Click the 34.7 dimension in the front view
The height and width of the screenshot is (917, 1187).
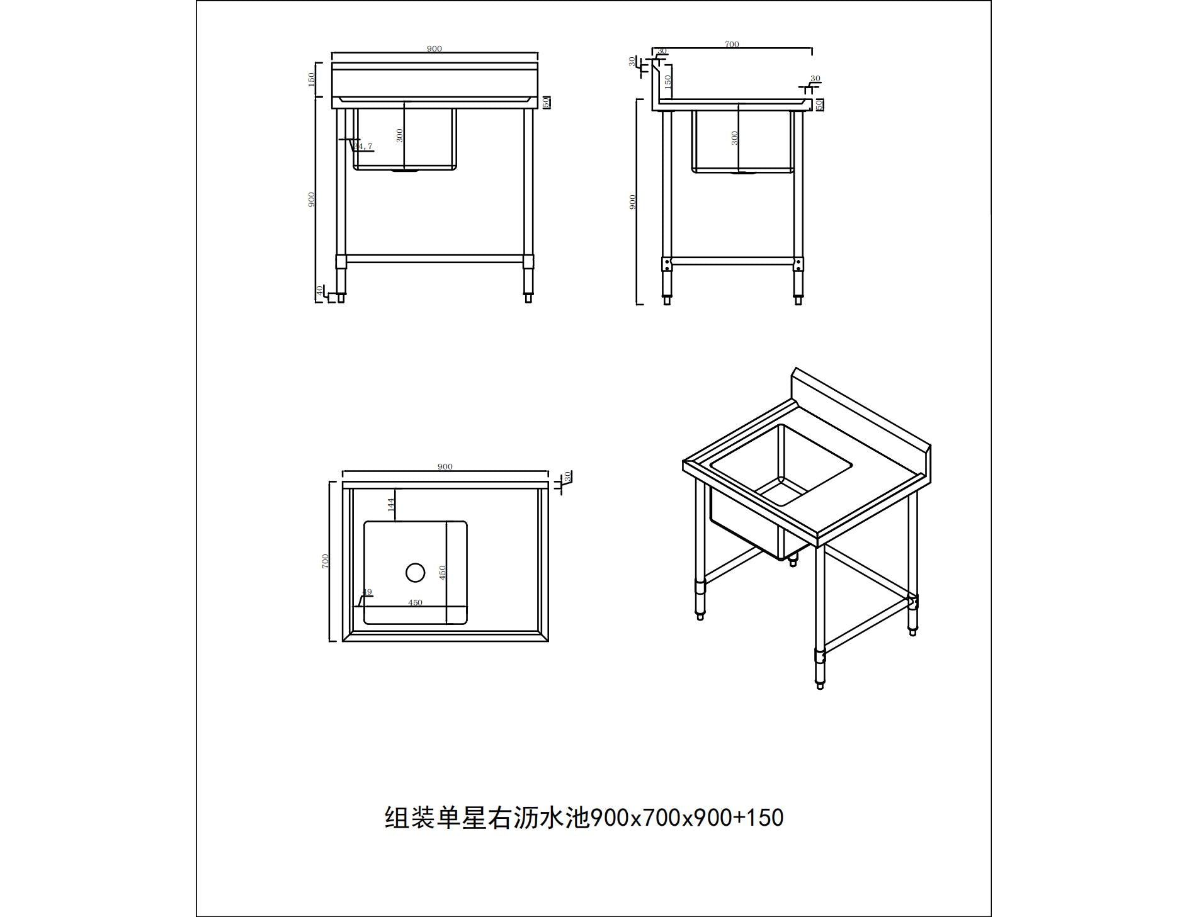click(363, 147)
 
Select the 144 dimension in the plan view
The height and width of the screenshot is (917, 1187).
click(390, 504)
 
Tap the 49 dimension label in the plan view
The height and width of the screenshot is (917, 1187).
click(367, 592)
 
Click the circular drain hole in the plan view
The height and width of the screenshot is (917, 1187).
click(415, 573)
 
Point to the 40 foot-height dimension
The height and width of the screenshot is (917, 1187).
click(320, 291)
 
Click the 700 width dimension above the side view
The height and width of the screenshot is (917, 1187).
click(732, 44)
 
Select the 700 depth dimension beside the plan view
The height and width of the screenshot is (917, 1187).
click(326, 561)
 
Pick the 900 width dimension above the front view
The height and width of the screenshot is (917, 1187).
click(434, 48)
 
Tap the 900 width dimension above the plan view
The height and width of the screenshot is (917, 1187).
click(445, 466)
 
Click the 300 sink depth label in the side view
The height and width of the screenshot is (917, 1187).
click(735, 138)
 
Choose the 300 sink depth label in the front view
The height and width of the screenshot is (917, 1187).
click(399, 135)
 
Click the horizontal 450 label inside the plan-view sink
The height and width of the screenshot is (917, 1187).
click(415, 602)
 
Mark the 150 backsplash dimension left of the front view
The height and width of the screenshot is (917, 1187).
click(312, 80)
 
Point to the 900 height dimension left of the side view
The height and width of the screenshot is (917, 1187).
click(633, 201)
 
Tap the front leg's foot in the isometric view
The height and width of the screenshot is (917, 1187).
click(820, 685)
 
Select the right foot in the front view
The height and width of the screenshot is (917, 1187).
click(528, 298)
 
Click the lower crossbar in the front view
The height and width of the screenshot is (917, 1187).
click(434, 259)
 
